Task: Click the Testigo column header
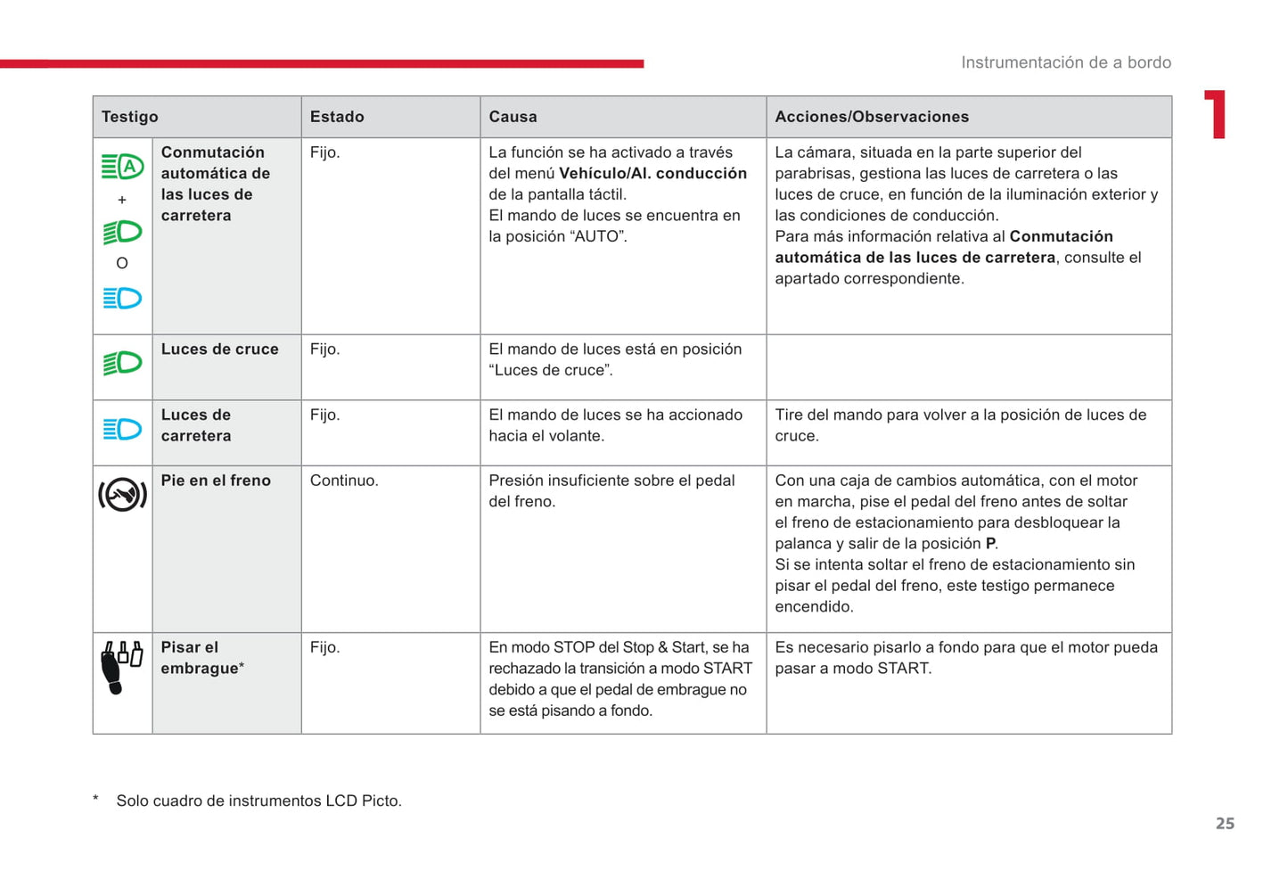(130, 117)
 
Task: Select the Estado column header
(337, 117)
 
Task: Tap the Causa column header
(513, 117)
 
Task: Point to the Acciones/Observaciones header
(871, 117)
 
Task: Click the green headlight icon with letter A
(122, 167)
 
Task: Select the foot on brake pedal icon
(122, 495)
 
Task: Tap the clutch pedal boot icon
(121, 667)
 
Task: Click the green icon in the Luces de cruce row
(122, 363)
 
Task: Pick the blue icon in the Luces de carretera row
(122, 429)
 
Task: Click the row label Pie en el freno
(216, 481)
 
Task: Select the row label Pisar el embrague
(201, 658)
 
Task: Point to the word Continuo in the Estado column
(343, 481)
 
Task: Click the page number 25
(1225, 824)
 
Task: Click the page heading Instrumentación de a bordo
(1065, 62)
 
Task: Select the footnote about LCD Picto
(258, 801)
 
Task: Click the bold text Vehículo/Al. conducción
(652, 174)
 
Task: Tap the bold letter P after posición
(989, 544)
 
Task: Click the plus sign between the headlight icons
(122, 200)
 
